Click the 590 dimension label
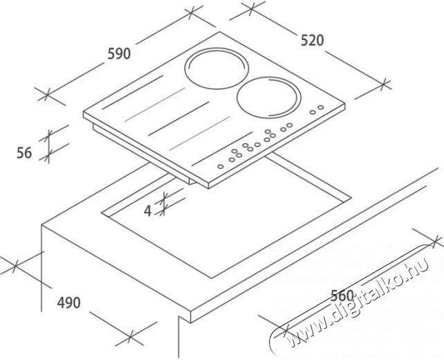tap(119, 53)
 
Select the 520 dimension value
tap(312, 40)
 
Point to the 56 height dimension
tap(24, 153)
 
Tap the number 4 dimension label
tap(148, 211)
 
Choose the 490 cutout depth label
tap(68, 303)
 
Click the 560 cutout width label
tap(342, 296)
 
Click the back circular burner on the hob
tap(216, 69)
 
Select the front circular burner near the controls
tap(268, 98)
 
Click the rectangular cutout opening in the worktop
tap(227, 215)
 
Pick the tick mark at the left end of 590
tap(47, 94)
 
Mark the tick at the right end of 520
tap(384, 84)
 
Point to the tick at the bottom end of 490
tap(131, 336)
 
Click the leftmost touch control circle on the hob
tap(221, 166)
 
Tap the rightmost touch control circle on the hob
tap(320, 107)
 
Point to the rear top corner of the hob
tap(219, 32)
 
